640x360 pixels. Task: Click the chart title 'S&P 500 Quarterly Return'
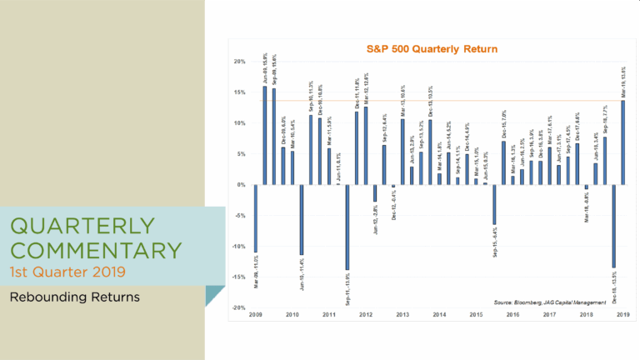point(432,49)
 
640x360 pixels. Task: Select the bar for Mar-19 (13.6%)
point(622,142)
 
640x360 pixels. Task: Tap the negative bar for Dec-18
point(613,226)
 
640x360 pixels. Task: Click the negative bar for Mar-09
point(256,217)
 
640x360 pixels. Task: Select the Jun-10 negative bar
point(302,219)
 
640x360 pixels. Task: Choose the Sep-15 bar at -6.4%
point(494,204)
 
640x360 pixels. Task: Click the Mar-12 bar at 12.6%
point(366,146)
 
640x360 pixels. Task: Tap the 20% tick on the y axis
point(238,62)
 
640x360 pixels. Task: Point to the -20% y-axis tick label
point(237,307)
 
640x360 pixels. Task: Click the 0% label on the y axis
point(240,185)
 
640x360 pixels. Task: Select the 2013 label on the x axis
point(402,315)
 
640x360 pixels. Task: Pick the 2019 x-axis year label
point(622,315)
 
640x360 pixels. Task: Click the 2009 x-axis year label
point(256,315)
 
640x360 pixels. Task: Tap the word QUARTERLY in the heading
point(83,226)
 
